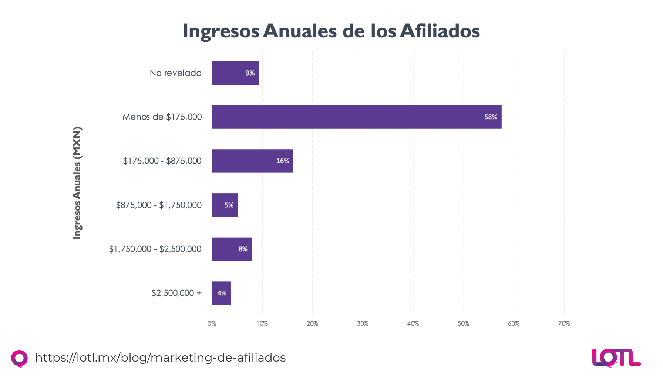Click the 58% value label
491,117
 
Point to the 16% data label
283,161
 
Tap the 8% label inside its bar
243,249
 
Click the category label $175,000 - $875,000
162,161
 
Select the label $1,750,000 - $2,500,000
155,249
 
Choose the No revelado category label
175,73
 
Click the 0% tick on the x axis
212,323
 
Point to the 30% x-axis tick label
363,323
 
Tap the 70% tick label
564,323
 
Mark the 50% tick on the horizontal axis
463,323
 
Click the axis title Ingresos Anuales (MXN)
77,183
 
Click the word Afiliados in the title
440,31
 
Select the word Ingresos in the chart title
221,31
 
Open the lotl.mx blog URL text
160,358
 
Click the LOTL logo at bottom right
616,358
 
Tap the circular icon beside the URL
19,358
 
